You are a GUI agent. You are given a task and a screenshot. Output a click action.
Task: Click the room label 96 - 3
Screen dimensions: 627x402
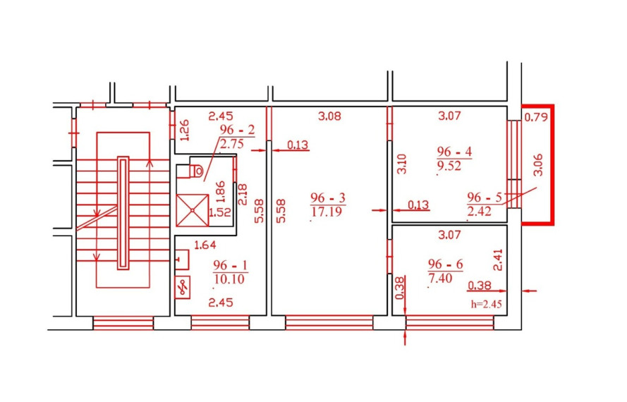(327, 198)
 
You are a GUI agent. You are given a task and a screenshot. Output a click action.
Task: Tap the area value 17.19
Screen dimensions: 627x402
(327, 212)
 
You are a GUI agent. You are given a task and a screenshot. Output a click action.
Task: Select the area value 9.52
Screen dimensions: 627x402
(449, 166)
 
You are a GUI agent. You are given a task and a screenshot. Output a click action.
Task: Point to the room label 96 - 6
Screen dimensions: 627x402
(445, 264)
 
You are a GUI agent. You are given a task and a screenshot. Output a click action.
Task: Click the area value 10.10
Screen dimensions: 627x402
(229, 279)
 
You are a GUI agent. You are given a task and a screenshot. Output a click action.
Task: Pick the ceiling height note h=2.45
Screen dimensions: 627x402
(486, 304)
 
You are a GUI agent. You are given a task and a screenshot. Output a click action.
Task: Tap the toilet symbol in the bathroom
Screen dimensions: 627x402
(190, 171)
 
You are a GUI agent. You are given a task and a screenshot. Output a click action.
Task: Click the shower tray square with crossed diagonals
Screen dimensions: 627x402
(193, 210)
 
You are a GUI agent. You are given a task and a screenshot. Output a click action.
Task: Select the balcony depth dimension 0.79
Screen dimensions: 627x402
(536, 117)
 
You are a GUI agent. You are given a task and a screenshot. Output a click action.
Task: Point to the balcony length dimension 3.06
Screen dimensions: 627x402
(538, 165)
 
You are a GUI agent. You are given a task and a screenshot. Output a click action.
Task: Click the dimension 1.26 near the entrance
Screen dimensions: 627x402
(184, 130)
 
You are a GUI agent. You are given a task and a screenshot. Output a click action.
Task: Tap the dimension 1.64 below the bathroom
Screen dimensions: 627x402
(205, 245)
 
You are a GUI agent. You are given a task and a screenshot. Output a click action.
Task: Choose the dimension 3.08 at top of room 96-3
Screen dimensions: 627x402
(329, 116)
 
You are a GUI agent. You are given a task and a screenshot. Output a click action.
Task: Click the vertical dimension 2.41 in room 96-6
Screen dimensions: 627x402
(498, 260)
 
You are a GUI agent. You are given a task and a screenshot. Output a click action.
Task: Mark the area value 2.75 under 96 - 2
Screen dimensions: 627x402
(232, 144)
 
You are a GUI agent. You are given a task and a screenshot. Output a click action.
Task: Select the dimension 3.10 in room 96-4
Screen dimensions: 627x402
(401, 164)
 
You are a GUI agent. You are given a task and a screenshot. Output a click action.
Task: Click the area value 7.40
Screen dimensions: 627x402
(440, 278)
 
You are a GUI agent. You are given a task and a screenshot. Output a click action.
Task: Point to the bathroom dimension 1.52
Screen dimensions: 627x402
(220, 212)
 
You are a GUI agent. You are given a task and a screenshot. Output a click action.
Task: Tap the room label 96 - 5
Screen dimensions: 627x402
(485, 197)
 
